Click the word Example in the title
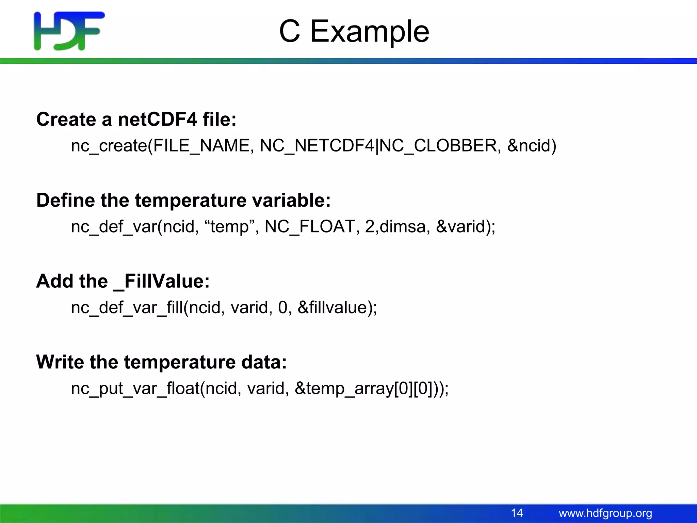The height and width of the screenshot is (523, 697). click(x=370, y=31)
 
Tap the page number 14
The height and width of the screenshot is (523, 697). click(x=517, y=513)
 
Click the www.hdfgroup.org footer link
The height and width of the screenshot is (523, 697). click(x=605, y=513)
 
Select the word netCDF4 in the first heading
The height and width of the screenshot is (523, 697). click(x=157, y=120)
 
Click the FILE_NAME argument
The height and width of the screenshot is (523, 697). click(x=201, y=146)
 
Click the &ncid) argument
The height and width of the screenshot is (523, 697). click(x=532, y=146)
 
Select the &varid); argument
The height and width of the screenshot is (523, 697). click(x=466, y=226)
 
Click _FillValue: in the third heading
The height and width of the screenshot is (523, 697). click(x=161, y=281)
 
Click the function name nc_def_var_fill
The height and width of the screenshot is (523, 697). click(x=127, y=307)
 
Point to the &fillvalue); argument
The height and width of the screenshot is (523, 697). click(x=337, y=307)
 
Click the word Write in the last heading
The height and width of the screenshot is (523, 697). click(x=60, y=362)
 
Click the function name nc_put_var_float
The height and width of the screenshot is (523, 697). click(x=135, y=389)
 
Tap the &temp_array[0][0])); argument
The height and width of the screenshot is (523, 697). click(x=371, y=389)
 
